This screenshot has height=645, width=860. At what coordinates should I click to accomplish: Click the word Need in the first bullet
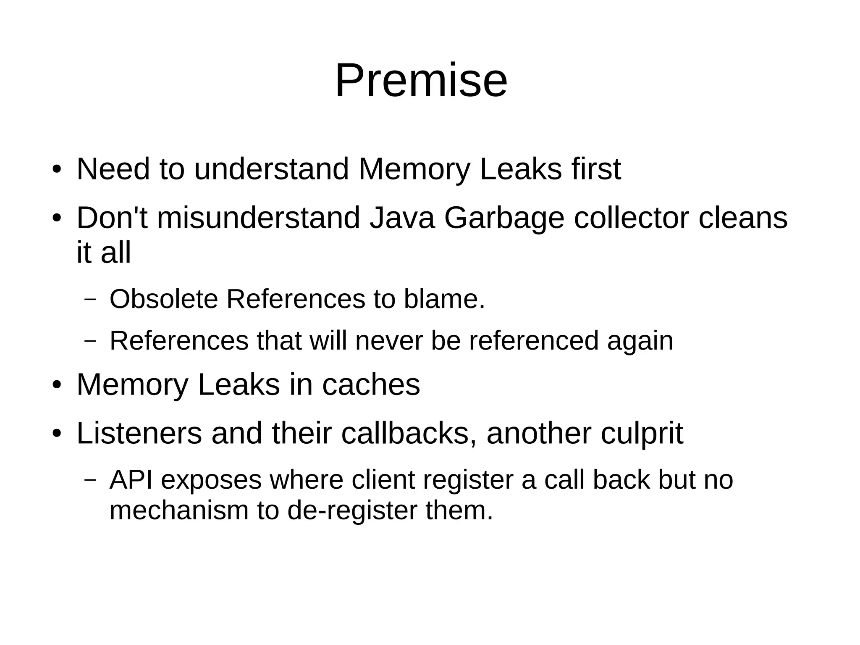point(113,169)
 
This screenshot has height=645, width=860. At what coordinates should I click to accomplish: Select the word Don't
point(112,218)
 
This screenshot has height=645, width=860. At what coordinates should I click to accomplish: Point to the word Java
point(401,218)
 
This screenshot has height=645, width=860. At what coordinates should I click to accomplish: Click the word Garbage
point(503,219)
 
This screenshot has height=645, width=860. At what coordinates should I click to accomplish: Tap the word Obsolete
point(164,299)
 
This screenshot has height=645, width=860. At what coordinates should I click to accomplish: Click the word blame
point(444,299)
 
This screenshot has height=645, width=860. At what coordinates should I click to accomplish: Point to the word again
point(640,341)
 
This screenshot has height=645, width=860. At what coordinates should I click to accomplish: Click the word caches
point(371,384)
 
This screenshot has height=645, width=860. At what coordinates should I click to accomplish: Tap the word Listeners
point(139,433)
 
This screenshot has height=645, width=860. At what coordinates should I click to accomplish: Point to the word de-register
point(352,511)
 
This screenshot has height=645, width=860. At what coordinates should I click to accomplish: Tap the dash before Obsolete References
point(90,300)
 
